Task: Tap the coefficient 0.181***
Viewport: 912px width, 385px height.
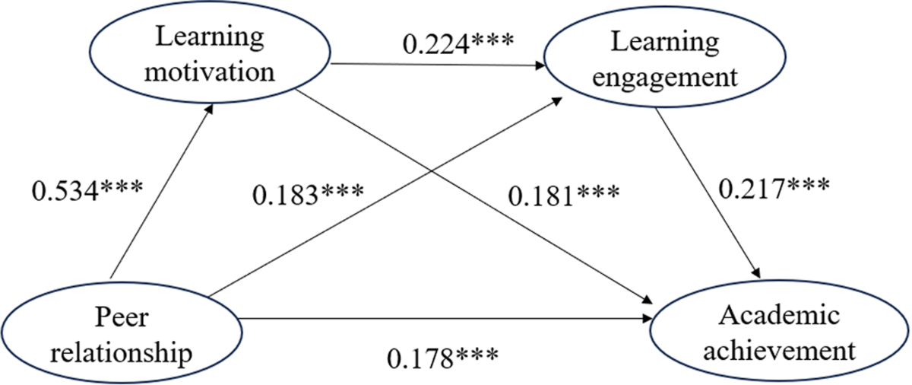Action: pyautogui.click(x=565, y=196)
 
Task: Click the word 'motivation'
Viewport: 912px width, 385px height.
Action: pyautogui.click(x=208, y=72)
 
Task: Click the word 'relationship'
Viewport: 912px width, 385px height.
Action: pyautogui.click(x=122, y=353)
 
